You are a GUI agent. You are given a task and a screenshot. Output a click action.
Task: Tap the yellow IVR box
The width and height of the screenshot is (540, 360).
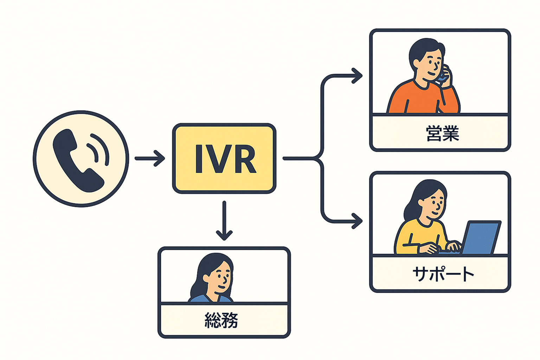click(x=224, y=158)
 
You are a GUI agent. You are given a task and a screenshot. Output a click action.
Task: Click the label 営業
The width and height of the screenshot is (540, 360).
click(x=442, y=134)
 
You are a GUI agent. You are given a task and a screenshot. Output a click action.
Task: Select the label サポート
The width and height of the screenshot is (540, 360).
click(x=443, y=274)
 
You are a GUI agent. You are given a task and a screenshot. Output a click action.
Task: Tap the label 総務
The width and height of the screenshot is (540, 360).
click(x=221, y=320)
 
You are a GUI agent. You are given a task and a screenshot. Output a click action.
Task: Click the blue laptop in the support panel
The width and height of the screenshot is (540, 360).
click(x=481, y=237)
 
